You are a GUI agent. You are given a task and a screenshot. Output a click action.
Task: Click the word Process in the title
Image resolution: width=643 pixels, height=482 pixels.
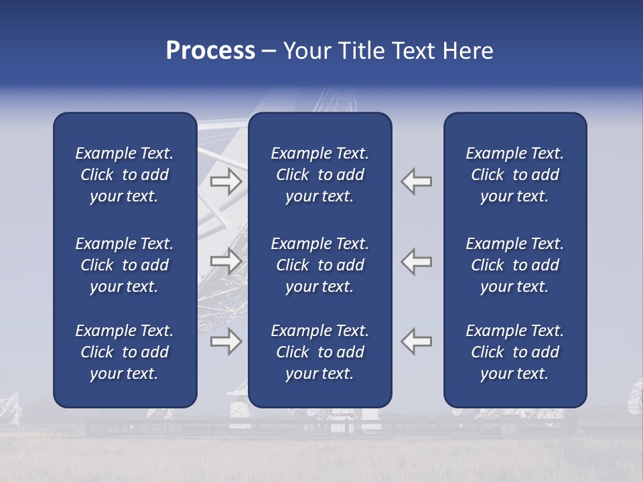[x=210, y=51]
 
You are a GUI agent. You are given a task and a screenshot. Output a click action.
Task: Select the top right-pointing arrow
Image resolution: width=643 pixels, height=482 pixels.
[x=226, y=181]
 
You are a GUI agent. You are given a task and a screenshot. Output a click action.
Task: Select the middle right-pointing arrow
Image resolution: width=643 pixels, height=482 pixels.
[x=226, y=261]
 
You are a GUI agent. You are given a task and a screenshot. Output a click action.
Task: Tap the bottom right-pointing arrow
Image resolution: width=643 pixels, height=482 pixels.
[x=226, y=341]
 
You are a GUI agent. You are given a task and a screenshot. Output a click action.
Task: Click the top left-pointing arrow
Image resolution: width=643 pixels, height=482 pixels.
[x=417, y=181]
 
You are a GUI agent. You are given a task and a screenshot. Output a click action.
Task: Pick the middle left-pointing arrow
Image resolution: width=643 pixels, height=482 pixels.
[x=417, y=261]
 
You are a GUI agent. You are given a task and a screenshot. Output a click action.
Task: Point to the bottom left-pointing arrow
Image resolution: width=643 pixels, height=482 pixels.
[x=417, y=341]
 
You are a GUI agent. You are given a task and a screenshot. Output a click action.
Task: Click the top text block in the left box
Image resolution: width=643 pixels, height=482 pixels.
[x=125, y=175]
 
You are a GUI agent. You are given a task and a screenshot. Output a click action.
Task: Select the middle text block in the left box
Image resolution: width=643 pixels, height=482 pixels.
[x=125, y=265]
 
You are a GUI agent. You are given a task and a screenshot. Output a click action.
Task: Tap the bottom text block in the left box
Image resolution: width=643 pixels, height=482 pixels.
[x=125, y=352]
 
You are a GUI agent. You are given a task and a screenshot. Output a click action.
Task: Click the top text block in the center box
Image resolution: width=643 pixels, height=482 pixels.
[x=319, y=175]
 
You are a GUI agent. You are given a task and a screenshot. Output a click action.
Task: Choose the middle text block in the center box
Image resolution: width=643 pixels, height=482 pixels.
[x=319, y=265]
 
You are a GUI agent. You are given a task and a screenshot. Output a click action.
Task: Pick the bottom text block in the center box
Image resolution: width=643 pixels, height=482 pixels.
[x=319, y=352]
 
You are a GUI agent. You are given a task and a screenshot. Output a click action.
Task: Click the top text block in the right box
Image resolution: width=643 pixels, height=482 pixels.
[x=514, y=175]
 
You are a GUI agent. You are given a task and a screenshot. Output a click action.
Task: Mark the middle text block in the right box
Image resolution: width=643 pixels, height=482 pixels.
[x=514, y=265]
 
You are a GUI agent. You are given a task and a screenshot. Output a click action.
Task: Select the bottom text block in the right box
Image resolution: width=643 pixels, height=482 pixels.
[x=514, y=352]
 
